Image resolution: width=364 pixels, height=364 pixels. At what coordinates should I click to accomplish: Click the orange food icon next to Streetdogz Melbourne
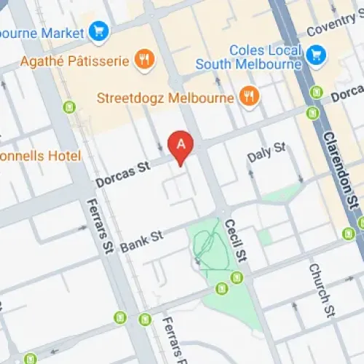pyautogui.click(x=250, y=96)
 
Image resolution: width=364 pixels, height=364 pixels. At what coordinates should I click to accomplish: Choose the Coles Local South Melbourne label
pyautogui.click(x=248, y=58)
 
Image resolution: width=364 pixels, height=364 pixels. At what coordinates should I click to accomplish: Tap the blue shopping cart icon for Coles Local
pyautogui.click(x=315, y=54)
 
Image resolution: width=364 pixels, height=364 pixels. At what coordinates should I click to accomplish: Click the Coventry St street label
pyautogui.click(x=334, y=31)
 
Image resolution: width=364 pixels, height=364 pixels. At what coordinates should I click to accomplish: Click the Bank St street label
pyautogui.click(x=141, y=238)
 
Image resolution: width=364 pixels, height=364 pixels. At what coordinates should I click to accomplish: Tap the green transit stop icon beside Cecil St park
pyautogui.click(x=236, y=277)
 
